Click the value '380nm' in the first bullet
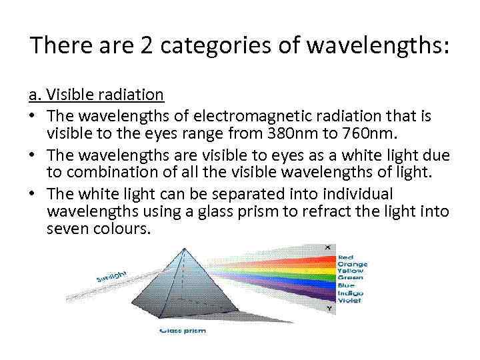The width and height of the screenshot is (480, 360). coord(285,133)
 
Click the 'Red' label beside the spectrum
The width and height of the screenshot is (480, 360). coord(345,257)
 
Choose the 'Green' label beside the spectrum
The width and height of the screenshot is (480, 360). coord(349,279)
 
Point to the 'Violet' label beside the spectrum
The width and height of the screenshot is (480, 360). coord(349,301)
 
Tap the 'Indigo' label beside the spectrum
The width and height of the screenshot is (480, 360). coord(350,293)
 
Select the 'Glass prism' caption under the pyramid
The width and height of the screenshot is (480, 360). coord(183,329)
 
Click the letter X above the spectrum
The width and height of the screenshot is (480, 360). coord(327,248)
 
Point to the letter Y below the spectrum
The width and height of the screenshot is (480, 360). coord(327,309)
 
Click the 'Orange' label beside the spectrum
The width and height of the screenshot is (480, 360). coord(352,265)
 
